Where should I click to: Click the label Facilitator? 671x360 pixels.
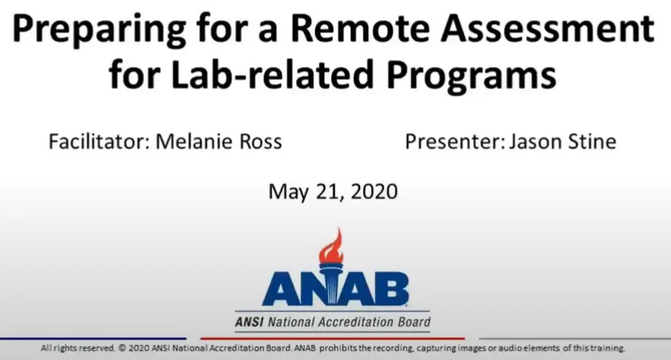[x=98, y=141]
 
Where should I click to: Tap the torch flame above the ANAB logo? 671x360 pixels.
[x=331, y=246]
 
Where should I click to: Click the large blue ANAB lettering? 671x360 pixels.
[x=335, y=289]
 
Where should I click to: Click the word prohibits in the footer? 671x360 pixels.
[x=342, y=348]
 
